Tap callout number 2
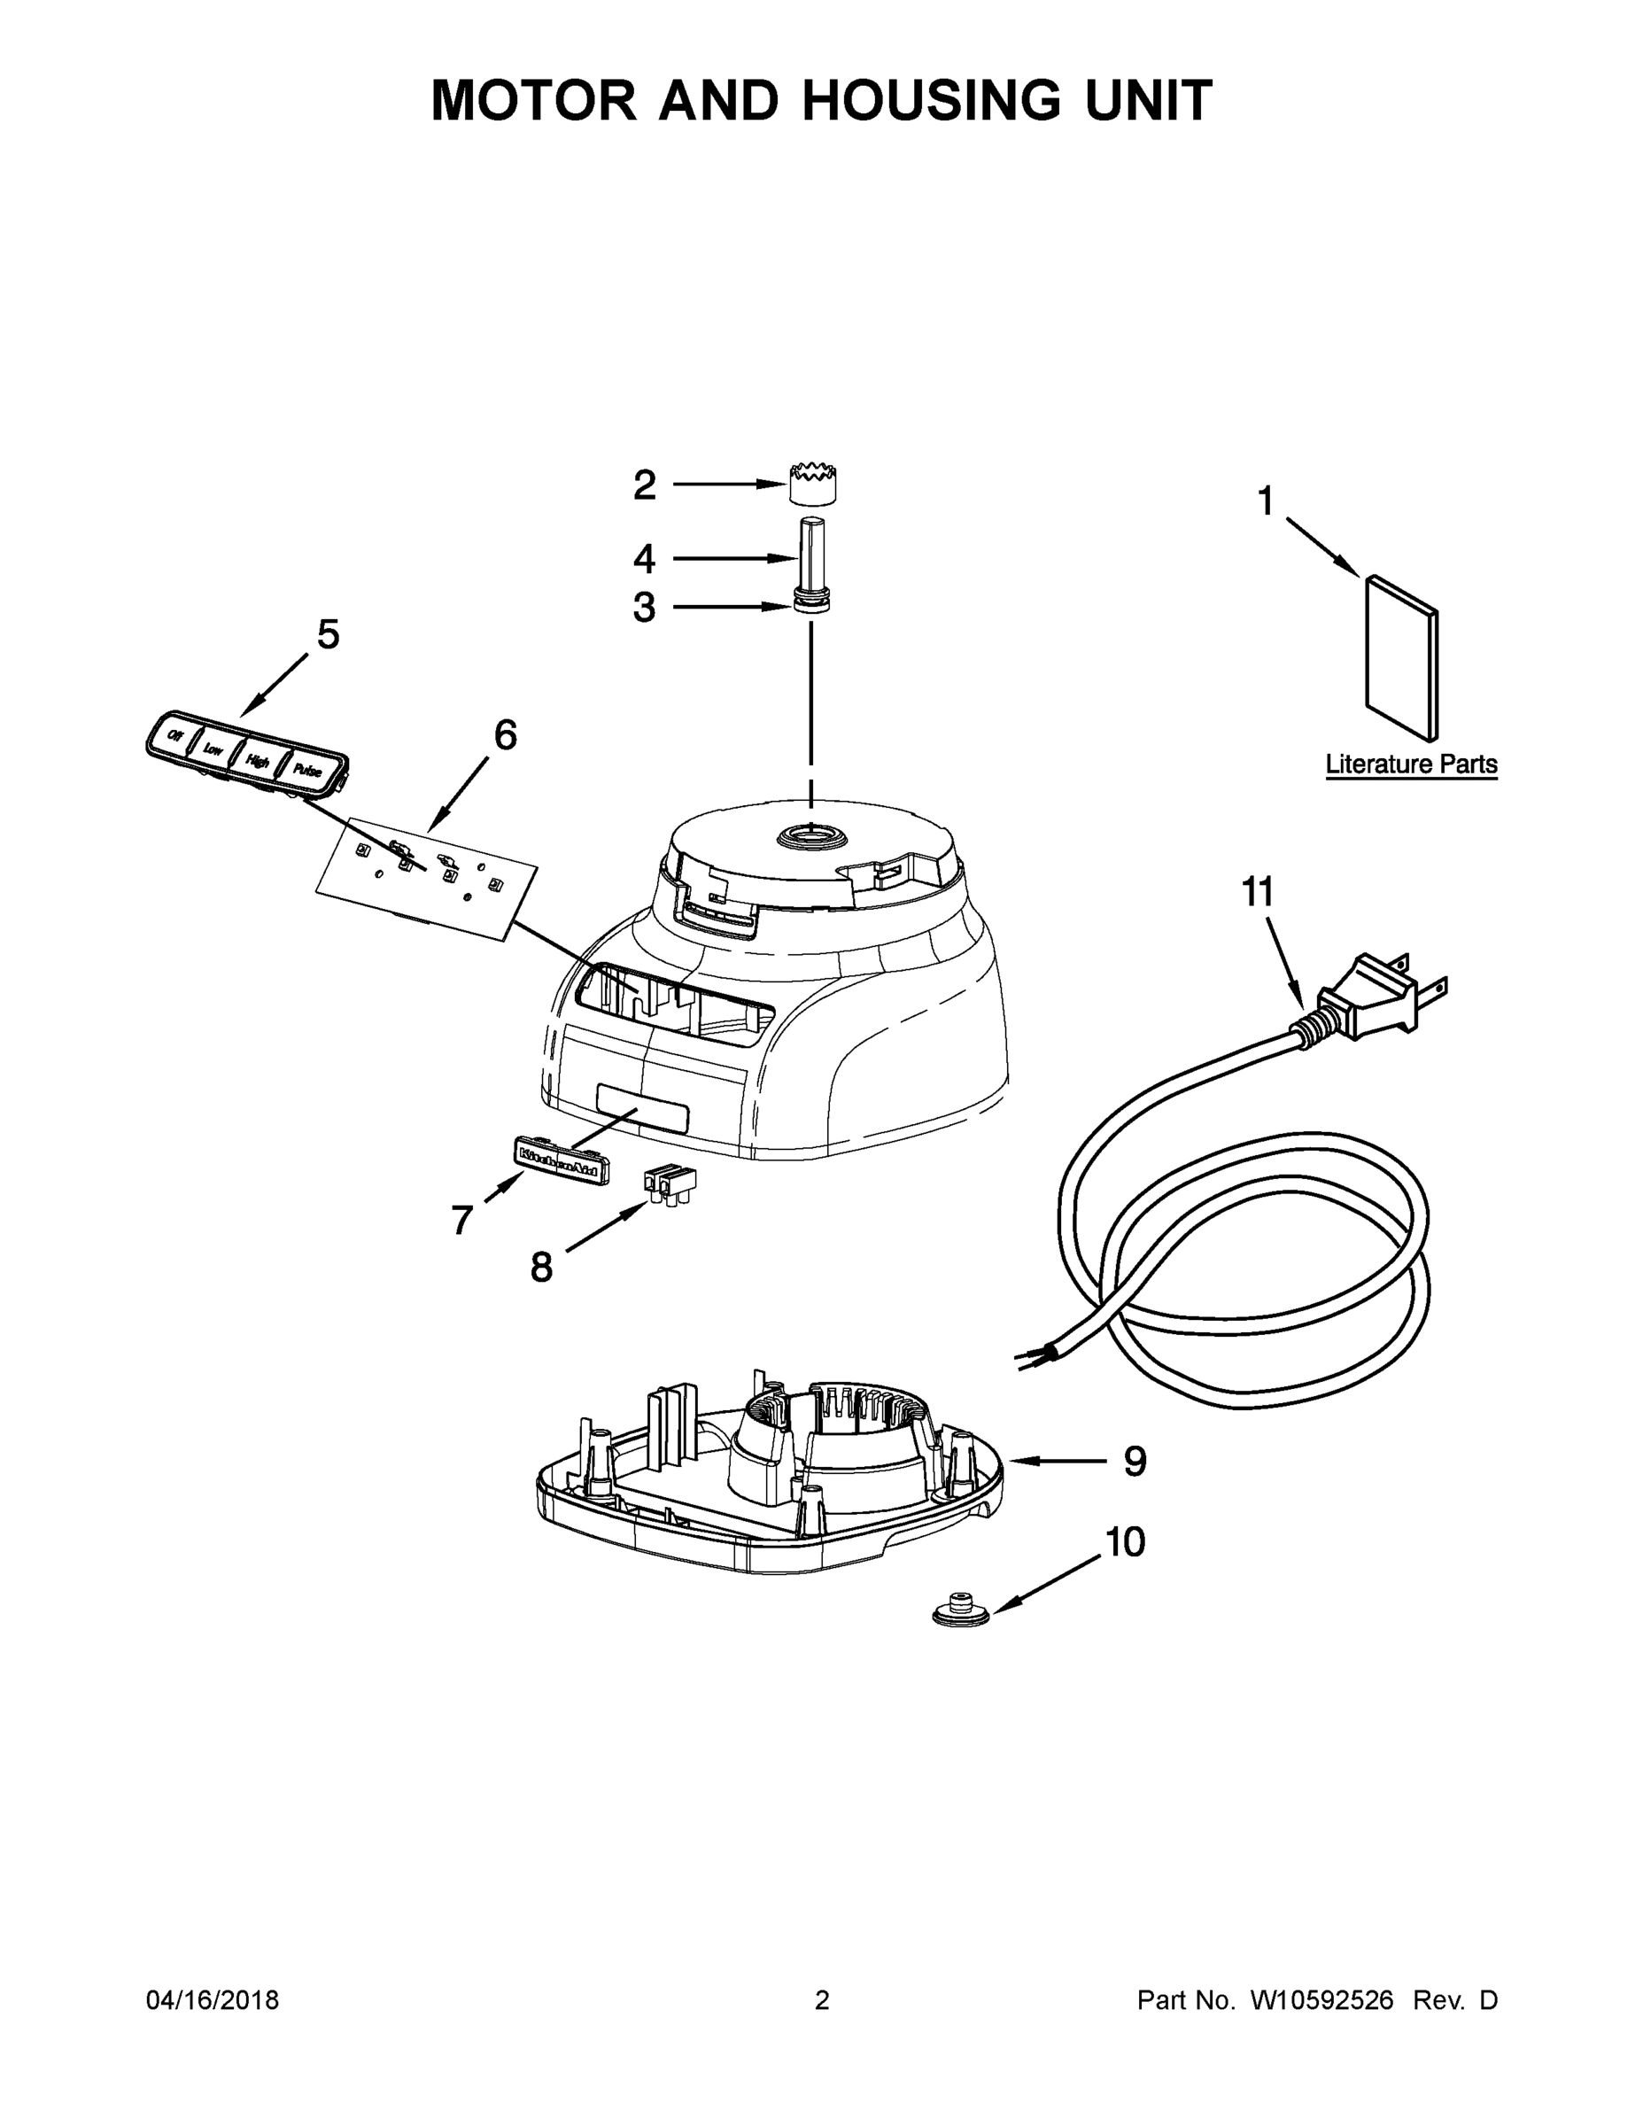(644, 485)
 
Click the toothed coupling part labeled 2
(813, 485)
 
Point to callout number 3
(644, 608)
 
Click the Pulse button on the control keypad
(307, 770)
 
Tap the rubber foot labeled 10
(961, 1611)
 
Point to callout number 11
(1258, 892)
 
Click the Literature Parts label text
(1410, 764)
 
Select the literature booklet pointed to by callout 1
(1401, 656)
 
